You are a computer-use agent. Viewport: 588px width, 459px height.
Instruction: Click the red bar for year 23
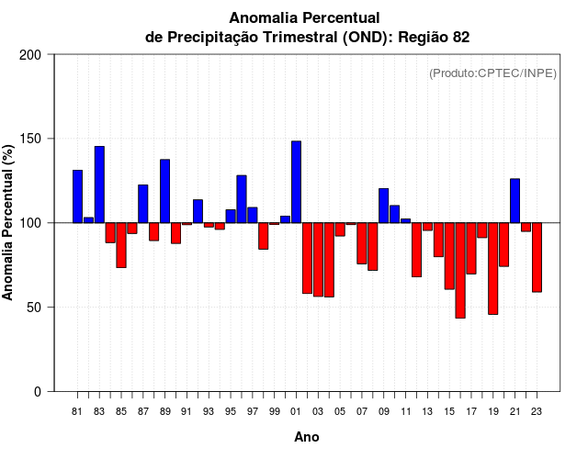coord(537,257)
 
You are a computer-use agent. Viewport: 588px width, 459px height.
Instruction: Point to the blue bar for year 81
coord(77,196)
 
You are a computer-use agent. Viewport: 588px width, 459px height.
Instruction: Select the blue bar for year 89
coord(164,191)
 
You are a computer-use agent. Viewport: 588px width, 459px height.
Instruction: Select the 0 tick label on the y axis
coord(38,392)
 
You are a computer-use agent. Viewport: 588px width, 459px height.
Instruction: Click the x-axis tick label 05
coord(340,411)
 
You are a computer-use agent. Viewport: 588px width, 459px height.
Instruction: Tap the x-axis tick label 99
coord(274,411)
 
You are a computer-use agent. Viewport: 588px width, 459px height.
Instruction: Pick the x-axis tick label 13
coord(427,411)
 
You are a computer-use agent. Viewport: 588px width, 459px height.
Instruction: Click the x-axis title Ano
coord(307,438)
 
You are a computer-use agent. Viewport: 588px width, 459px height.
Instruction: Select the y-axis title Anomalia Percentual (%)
coord(9,222)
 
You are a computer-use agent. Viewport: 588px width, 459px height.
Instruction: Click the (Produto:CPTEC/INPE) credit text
coord(492,73)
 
